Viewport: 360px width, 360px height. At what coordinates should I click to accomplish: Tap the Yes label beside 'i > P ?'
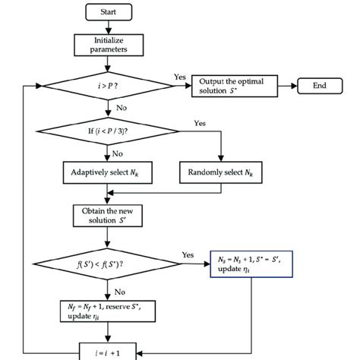(180, 77)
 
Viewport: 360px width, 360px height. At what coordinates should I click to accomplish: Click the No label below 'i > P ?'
(120, 109)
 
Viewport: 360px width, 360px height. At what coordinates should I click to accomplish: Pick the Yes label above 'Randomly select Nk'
(201, 122)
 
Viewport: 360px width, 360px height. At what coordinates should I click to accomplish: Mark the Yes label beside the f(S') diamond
(188, 256)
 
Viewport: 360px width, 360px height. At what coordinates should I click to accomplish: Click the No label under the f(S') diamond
(120, 289)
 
